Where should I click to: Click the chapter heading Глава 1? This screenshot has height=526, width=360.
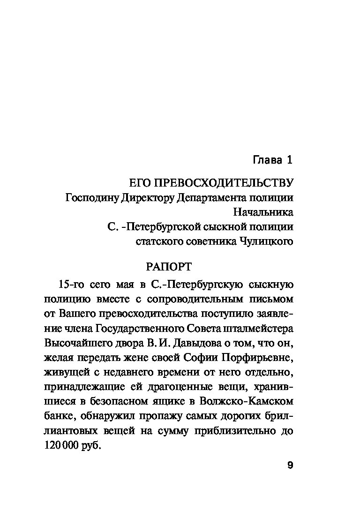pos(272,160)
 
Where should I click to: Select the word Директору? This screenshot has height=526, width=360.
pos(148,197)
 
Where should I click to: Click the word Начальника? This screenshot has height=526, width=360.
pos(262,212)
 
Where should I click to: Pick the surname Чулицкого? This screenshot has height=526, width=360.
pos(265,241)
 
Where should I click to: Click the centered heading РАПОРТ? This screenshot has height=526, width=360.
pos(168,267)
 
